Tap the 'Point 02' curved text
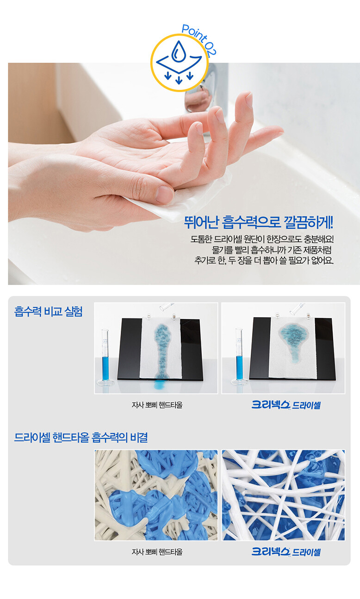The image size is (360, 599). tap(199, 39)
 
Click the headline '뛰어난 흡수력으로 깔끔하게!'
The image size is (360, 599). tap(259, 222)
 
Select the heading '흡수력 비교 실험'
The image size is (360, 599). tap(49, 311)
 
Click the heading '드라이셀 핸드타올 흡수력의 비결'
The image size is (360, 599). tap(81, 437)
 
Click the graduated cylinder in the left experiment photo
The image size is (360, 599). tap(105, 356)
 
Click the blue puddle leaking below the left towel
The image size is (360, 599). tap(161, 385)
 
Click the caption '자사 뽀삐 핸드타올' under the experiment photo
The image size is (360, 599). tap(157, 405)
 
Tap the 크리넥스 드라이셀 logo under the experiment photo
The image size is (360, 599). tap(286, 405)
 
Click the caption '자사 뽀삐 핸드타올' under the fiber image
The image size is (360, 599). tap(157, 551)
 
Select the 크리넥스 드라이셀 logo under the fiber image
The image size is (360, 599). tap(286, 552)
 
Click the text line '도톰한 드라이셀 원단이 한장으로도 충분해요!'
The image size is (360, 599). tap(262, 239)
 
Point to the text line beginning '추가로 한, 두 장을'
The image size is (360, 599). tap(264, 260)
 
